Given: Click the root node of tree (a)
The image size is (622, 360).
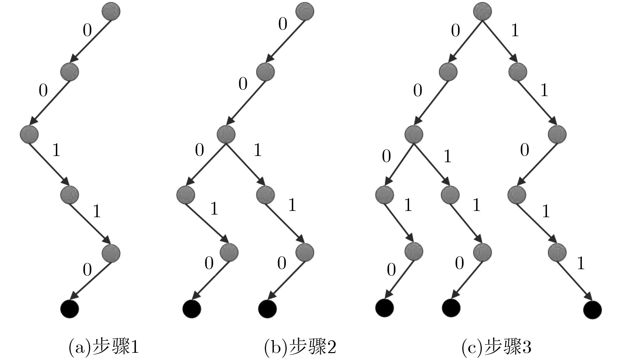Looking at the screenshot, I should pyautogui.click(x=111, y=12).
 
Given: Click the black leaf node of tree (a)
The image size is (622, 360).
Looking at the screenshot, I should pyautogui.click(x=70, y=309).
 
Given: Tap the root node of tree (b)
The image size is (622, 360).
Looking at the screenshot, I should pyautogui.click(x=305, y=12).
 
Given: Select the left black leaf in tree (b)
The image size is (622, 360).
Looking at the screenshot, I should pyautogui.click(x=192, y=309).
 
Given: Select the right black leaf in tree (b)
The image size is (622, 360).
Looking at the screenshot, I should pyautogui.click(x=267, y=309).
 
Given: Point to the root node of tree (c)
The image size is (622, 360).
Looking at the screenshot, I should pyautogui.click(x=482, y=12).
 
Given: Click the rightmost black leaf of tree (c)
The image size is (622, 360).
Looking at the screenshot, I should pyautogui.click(x=592, y=310).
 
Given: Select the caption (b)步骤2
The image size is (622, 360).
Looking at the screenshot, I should pyautogui.click(x=300, y=347).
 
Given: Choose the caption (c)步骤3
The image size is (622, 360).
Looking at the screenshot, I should pyautogui.click(x=496, y=347).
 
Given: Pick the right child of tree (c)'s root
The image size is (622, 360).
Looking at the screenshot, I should pyautogui.click(x=517, y=71).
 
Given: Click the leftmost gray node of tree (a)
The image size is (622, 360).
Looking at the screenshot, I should pyautogui.click(x=29, y=134).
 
